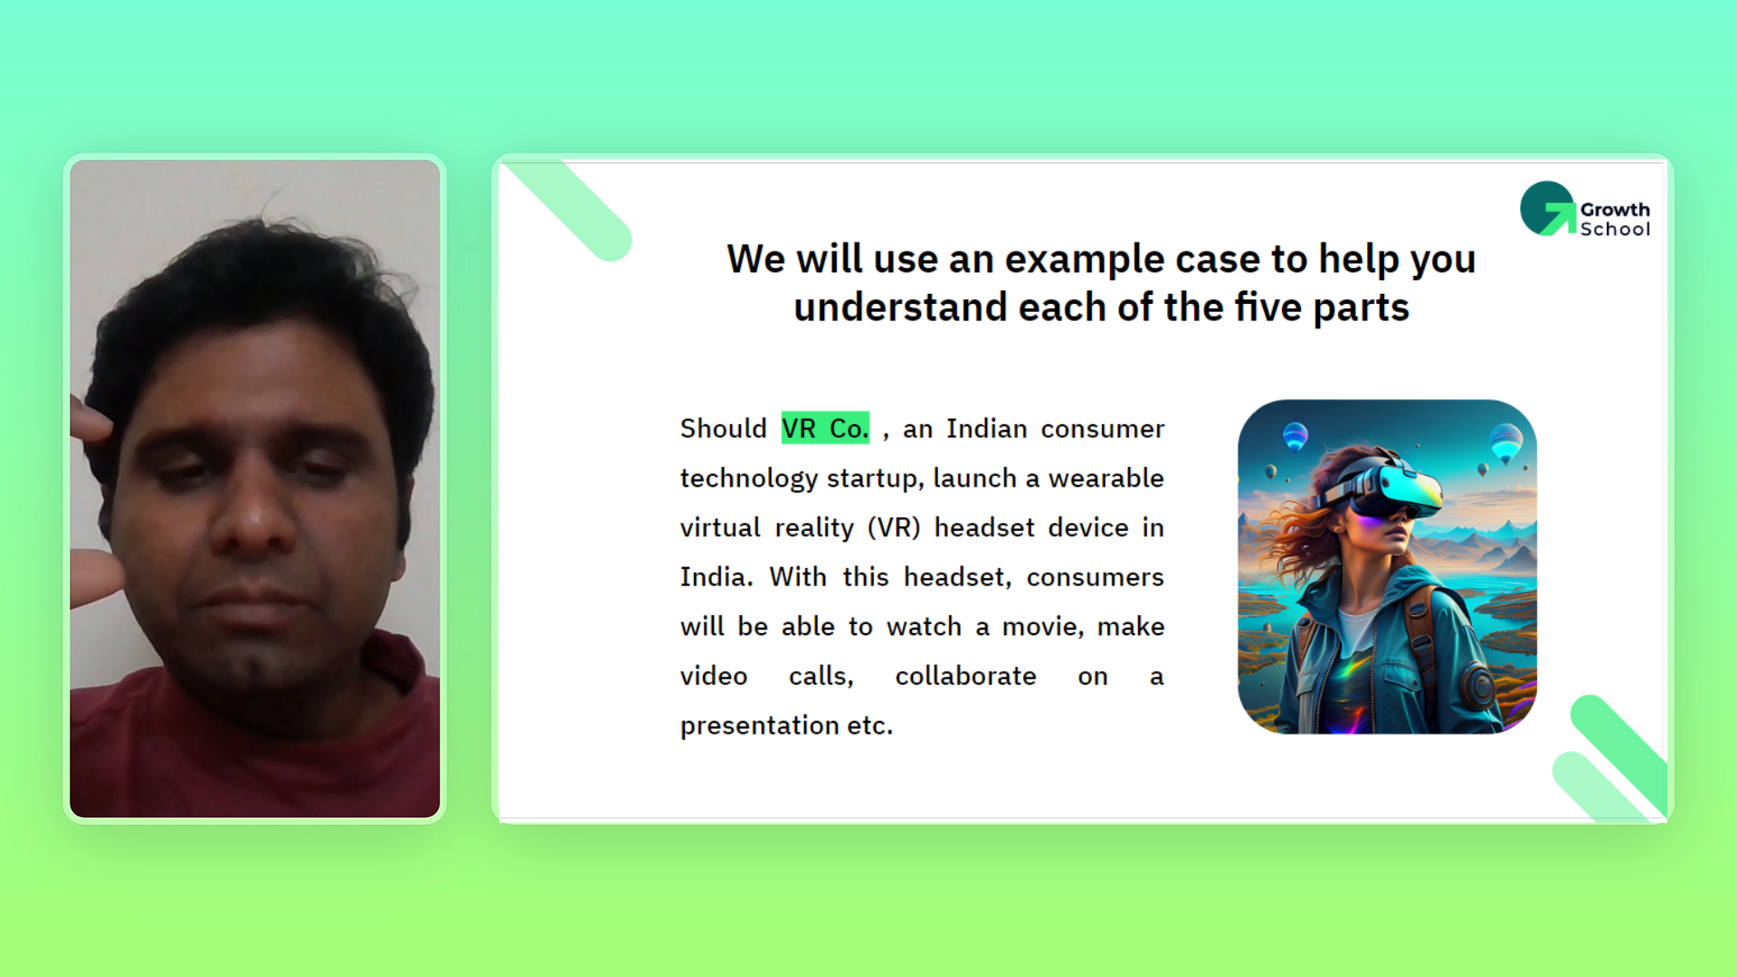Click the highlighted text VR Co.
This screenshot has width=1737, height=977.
coord(825,428)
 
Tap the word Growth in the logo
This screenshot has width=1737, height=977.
coord(1615,210)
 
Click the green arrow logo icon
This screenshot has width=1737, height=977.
coord(1548,209)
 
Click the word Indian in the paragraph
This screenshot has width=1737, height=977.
coord(987,429)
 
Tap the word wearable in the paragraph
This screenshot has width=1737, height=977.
coord(1106,478)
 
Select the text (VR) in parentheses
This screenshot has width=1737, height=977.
coord(894,527)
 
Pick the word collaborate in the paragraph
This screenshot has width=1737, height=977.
coord(965,676)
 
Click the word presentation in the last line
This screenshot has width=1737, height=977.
coord(760,726)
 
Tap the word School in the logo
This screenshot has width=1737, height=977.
coord(1615,230)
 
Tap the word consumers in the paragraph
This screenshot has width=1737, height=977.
coord(1095,577)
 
